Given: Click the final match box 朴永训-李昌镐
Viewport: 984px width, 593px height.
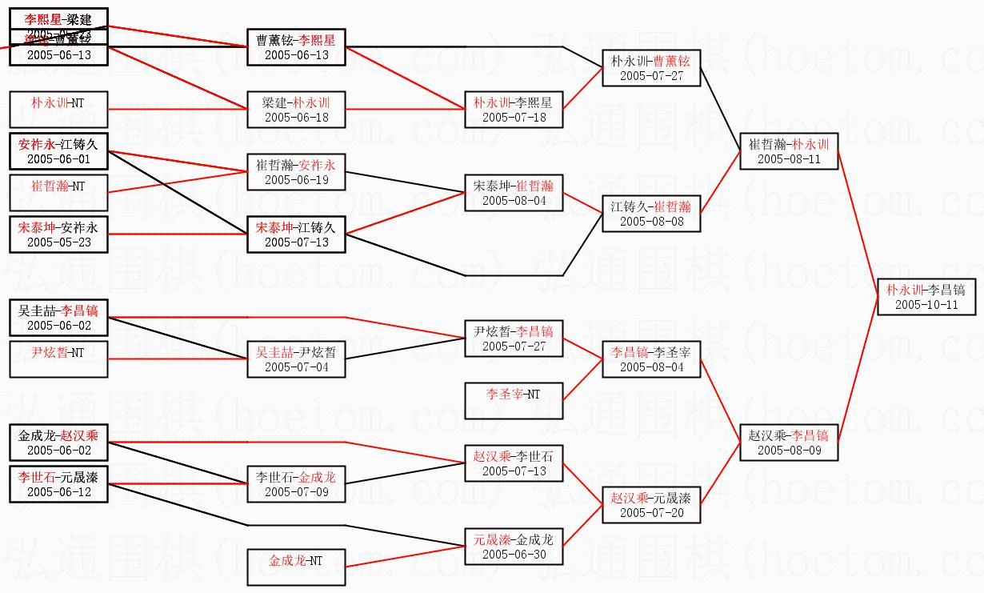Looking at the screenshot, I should pyautogui.click(x=926, y=297).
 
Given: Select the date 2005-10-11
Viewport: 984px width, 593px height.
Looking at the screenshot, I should pyautogui.click(x=926, y=305).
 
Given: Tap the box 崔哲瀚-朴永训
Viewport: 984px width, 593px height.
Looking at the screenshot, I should pyautogui.click(x=789, y=151).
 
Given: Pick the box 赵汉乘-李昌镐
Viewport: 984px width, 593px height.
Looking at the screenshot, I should pyautogui.click(x=789, y=442).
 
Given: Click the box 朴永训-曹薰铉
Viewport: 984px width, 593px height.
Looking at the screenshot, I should pyautogui.click(x=651, y=68).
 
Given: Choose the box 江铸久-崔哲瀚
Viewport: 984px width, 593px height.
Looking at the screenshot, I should pyautogui.click(x=651, y=214).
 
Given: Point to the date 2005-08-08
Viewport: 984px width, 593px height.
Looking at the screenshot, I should pyautogui.click(x=651, y=222).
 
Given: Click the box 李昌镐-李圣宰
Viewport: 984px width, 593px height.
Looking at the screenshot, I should pyautogui.click(x=651, y=359).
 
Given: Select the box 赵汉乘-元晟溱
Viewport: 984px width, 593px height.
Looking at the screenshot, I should pyautogui.click(x=651, y=505).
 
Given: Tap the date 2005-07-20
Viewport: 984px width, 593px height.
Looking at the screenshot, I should pyautogui.click(x=651, y=513).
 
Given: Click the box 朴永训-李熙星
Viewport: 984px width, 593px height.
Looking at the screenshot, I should pyautogui.click(x=514, y=110).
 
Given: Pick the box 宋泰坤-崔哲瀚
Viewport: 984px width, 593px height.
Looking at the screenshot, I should pyautogui.click(x=514, y=193).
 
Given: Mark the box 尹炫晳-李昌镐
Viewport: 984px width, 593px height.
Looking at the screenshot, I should pyautogui.click(x=514, y=339).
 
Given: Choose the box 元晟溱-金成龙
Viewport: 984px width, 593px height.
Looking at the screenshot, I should pyautogui.click(x=514, y=547).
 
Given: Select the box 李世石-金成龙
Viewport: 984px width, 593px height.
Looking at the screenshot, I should pyautogui.click(x=296, y=484).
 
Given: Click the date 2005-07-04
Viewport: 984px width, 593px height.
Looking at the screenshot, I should pyautogui.click(x=296, y=367).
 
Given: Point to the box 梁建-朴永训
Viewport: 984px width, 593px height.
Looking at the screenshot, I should pyautogui.click(x=296, y=110).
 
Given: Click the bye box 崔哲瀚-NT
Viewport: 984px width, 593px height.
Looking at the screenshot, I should pyautogui.click(x=58, y=193).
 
